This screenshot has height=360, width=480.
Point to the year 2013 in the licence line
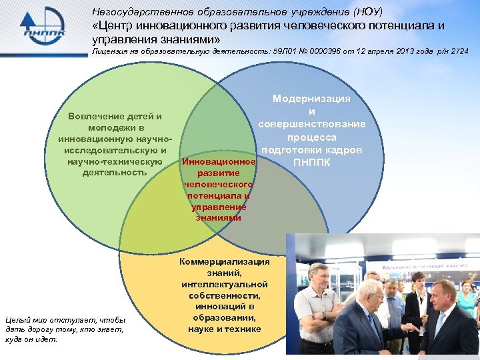click(x=399, y=51)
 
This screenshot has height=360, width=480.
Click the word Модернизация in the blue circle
click(x=311, y=99)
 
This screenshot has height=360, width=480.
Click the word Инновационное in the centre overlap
click(x=219, y=161)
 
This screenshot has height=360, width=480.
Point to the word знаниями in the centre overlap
click(x=219, y=217)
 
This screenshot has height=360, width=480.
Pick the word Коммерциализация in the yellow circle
click(x=224, y=262)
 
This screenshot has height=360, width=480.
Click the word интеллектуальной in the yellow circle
click(x=224, y=284)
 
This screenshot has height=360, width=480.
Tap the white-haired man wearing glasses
click(x=369, y=290)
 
